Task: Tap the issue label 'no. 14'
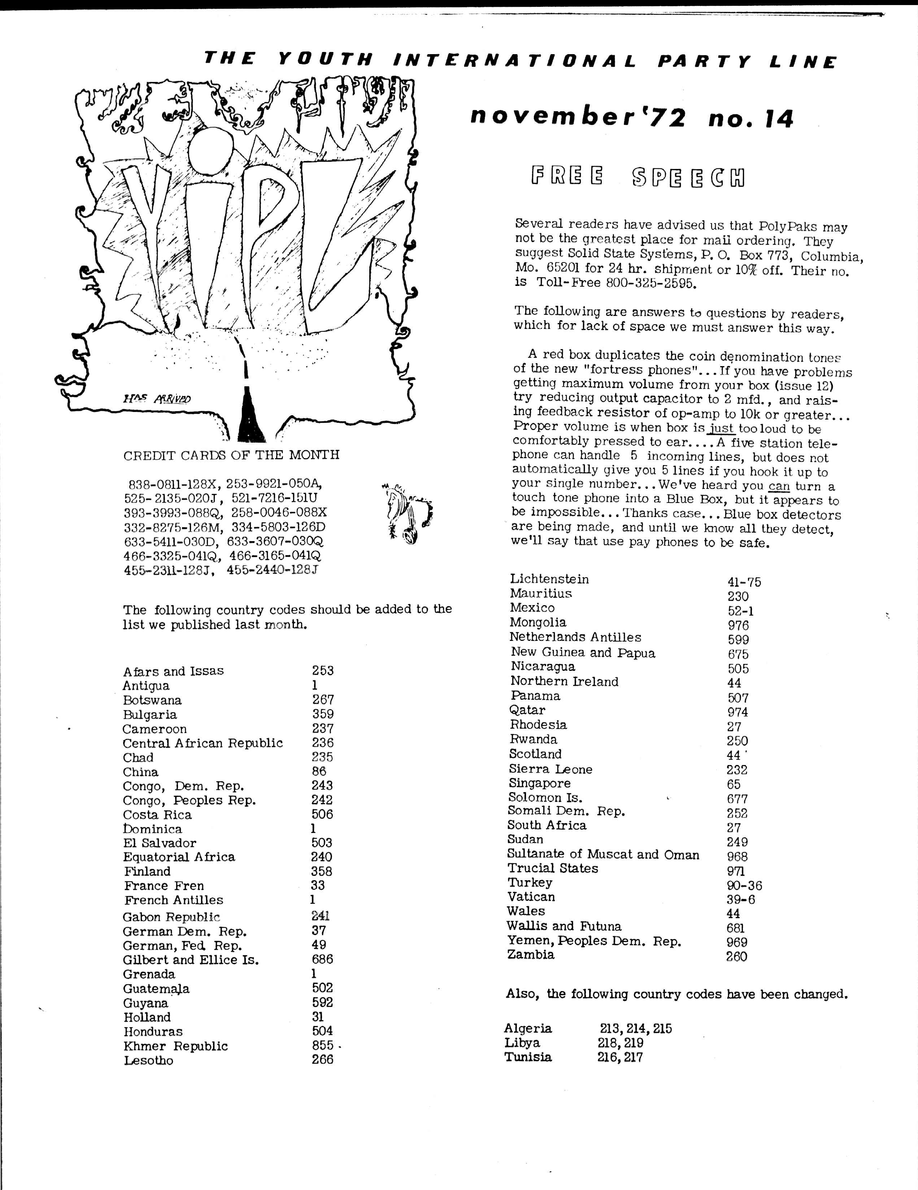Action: click(x=751, y=118)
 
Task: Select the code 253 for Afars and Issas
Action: click(x=322, y=671)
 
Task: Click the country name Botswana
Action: click(x=152, y=700)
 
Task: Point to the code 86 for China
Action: click(x=319, y=772)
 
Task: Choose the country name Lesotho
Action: click(x=148, y=1060)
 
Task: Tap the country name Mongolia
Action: click(x=538, y=622)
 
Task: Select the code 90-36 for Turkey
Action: click(x=744, y=885)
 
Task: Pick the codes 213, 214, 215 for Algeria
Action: click(x=636, y=1028)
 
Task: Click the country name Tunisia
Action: click(x=528, y=1057)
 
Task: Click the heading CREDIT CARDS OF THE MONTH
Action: click(x=231, y=455)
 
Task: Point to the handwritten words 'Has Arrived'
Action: click(x=156, y=398)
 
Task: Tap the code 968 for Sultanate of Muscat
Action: click(x=737, y=856)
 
